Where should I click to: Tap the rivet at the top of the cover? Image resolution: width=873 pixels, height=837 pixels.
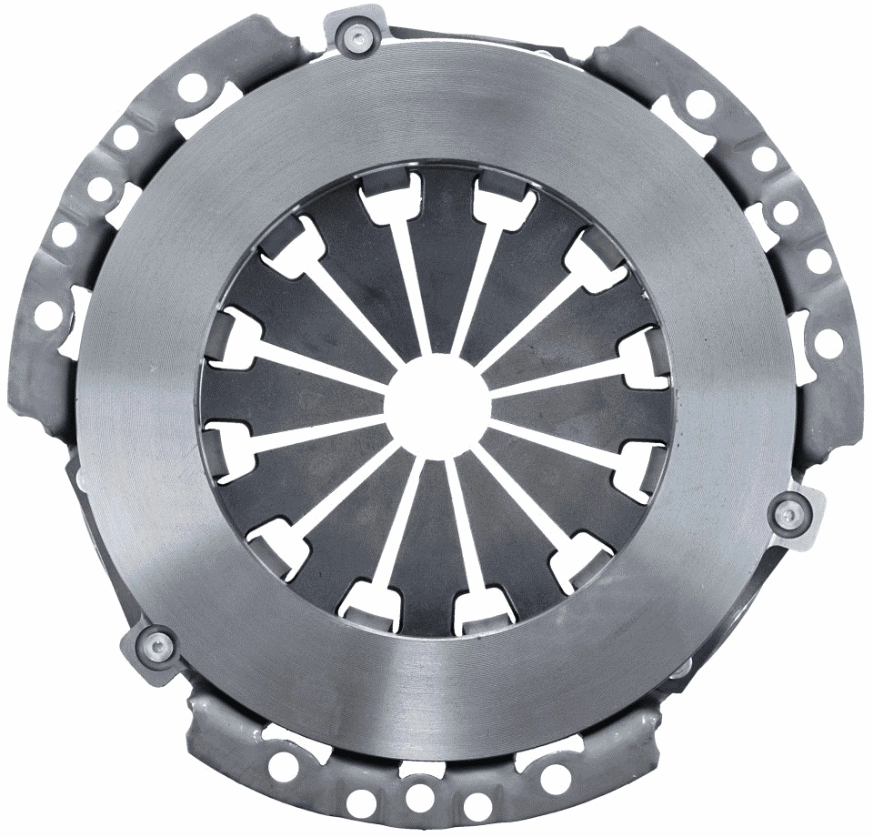pyautogui.click(x=357, y=36)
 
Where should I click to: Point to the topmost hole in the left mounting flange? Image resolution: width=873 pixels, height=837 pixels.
pyautogui.click(x=192, y=88)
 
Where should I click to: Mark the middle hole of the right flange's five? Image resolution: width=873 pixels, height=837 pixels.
pyautogui.click(x=786, y=212)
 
